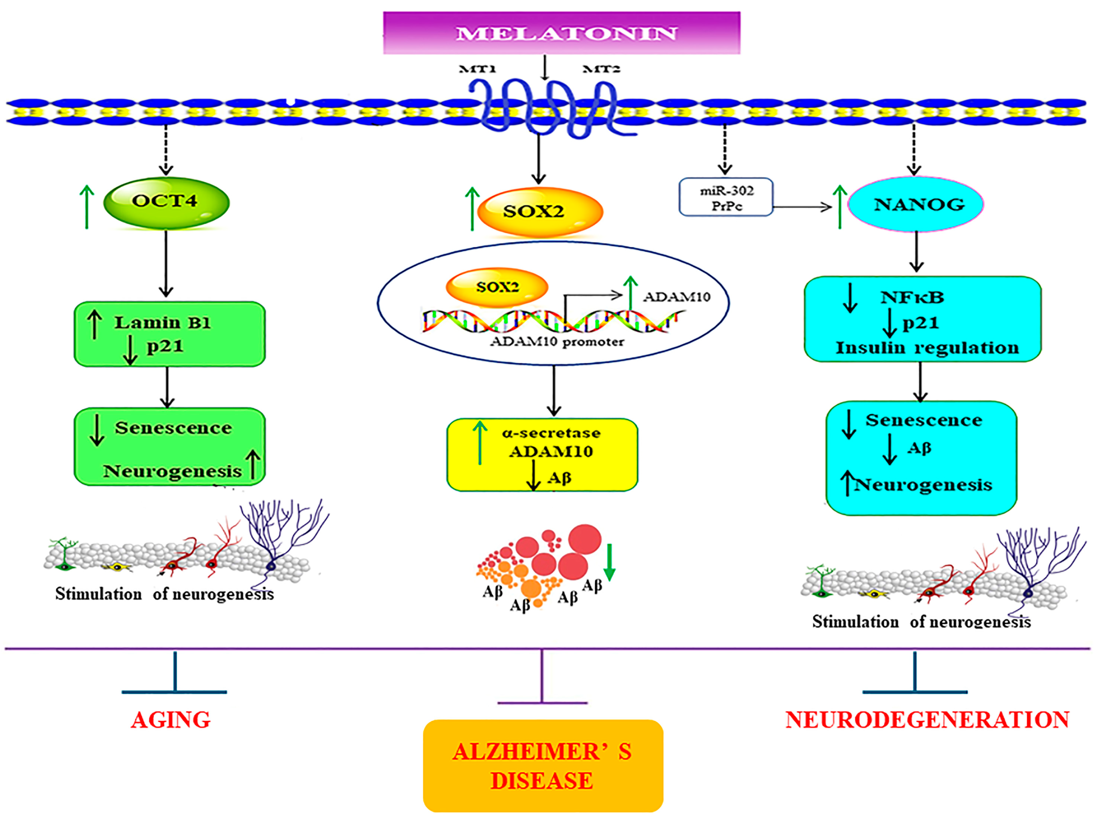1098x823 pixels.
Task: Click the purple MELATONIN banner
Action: tap(561, 33)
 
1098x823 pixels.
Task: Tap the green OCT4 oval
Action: tap(166, 203)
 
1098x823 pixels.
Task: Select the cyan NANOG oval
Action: tap(915, 204)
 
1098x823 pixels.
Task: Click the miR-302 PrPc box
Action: tap(726, 197)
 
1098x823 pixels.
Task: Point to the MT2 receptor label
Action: tap(601, 69)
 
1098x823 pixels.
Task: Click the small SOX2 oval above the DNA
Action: tap(497, 287)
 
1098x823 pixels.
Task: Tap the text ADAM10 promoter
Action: tap(557, 342)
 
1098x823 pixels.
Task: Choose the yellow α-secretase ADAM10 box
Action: tap(542, 454)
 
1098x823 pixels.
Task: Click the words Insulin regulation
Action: tap(927, 348)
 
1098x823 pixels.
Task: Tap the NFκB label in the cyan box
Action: tap(912, 297)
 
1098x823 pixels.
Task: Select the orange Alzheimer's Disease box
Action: tap(543, 765)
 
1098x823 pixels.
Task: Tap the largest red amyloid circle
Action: tap(585, 539)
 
